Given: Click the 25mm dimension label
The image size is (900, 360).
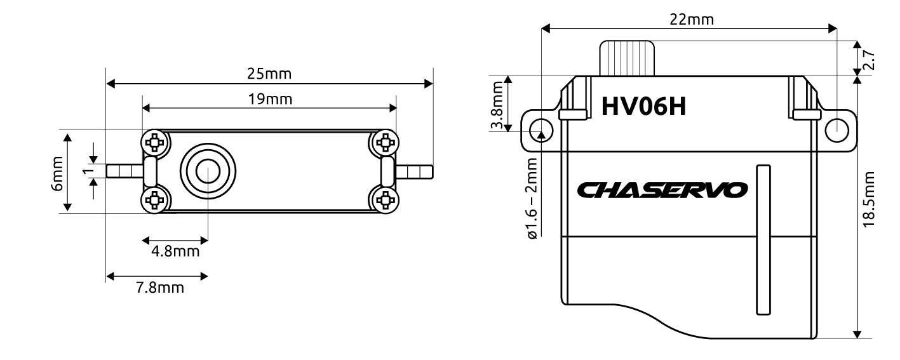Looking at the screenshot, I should (x=269, y=74).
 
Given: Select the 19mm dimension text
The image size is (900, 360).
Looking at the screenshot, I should (x=269, y=100).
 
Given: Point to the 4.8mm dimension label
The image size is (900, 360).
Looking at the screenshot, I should (x=175, y=251).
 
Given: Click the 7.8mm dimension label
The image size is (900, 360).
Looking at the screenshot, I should (x=160, y=288).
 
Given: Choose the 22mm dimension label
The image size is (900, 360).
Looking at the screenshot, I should (x=691, y=19).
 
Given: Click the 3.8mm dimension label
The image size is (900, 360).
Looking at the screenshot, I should (x=497, y=103).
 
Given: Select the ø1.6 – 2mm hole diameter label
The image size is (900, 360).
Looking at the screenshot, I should (x=531, y=198).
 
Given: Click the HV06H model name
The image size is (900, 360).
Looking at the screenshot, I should (x=643, y=106).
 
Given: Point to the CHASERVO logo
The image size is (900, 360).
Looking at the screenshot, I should (x=662, y=190).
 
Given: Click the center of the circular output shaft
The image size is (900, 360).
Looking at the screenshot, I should (x=208, y=171).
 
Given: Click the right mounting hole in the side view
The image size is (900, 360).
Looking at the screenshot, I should (x=836, y=130).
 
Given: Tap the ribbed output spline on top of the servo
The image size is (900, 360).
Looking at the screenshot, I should (x=628, y=58).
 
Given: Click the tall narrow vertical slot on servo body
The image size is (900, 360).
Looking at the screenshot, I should (x=763, y=240).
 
